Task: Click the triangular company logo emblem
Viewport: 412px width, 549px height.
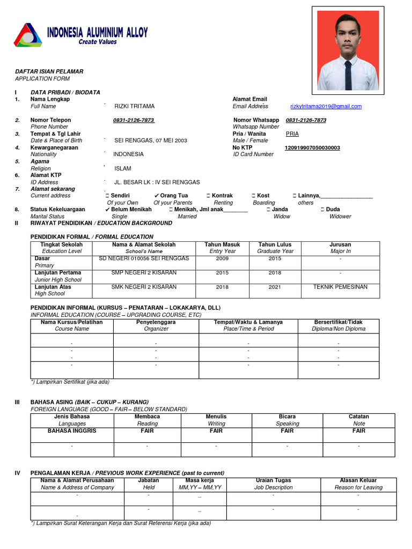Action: coord(27,35)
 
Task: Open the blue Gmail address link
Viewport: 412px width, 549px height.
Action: coord(326,107)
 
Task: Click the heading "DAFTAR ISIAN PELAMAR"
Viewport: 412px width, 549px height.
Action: coord(49,71)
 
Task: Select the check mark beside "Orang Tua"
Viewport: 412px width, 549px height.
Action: coord(156,196)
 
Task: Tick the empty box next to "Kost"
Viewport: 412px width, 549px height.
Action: coord(253,196)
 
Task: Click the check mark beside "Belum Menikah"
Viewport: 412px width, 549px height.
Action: coord(108,210)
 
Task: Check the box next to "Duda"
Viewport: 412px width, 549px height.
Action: coord(322,210)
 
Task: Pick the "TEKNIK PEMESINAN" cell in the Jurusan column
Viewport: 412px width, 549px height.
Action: coord(340,287)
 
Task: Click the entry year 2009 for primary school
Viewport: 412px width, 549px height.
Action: coord(222,258)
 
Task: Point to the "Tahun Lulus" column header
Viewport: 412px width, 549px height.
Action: coord(275,244)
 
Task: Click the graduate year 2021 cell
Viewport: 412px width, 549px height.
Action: coord(275,287)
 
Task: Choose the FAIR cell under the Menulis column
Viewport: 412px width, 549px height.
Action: coord(216,431)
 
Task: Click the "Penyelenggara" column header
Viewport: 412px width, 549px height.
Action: coord(156,322)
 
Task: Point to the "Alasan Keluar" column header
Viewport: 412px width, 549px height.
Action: coord(358,480)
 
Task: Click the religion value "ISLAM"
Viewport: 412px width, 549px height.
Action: coord(123,168)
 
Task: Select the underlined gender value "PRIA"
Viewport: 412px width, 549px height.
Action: coord(292,134)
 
